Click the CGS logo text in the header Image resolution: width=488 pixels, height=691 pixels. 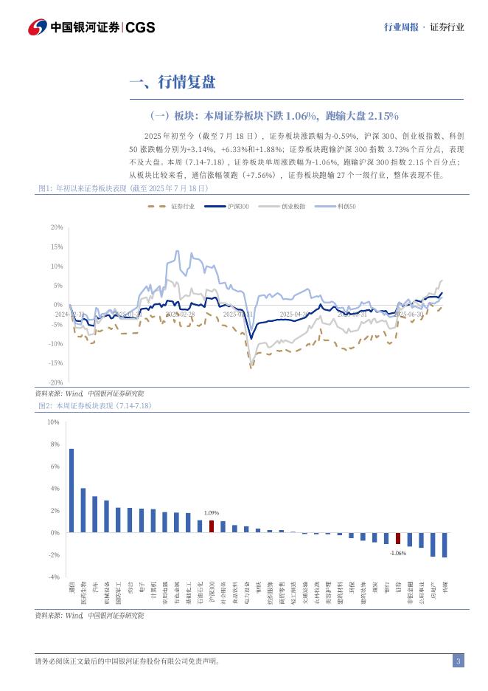[x=141, y=27]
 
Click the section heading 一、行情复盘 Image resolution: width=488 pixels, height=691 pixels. [x=172, y=82]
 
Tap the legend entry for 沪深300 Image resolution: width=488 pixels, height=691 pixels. [x=237, y=207]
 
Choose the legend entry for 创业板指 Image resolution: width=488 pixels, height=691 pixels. [x=293, y=207]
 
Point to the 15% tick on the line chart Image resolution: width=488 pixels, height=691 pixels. [x=57, y=247]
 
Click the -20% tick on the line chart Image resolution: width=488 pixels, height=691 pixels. [x=57, y=382]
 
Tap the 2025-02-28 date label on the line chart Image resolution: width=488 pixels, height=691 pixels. [x=180, y=314]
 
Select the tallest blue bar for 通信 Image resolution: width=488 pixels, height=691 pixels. [x=72, y=490]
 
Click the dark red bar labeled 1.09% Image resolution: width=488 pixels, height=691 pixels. [x=212, y=526]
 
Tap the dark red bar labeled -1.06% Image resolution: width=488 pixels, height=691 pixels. [x=398, y=538]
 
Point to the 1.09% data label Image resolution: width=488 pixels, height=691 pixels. [x=212, y=512]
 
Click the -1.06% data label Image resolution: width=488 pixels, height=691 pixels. [x=398, y=552]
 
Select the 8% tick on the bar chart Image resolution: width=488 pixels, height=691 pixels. [x=53, y=444]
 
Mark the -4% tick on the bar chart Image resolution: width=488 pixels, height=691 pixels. [x=53, y=577]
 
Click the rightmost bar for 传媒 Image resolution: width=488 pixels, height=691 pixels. [x=445, y=545]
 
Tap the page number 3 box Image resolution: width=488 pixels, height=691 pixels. [x=458, y=661]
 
